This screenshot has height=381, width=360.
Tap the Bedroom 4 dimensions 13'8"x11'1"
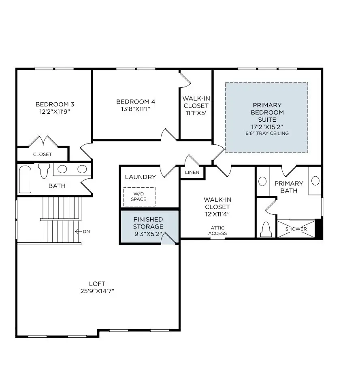pyautogui.click(x=135, y=109)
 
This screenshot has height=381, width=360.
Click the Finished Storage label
pyautogui.click(x=148, y=223)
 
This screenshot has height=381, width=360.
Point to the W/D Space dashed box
pyautogui.click(x=139, y=196)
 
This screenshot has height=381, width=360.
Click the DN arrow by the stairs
pyautogui.click(x=83, y=231)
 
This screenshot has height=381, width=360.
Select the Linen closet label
pyautogui.click(x=192, y=173)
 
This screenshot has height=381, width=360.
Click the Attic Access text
pyautogui.click(x=217, y=231)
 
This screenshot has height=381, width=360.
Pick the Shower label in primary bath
pyautogui.click(x=296, y=229)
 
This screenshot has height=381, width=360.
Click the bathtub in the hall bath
pyautogui.click(x=25, y=179)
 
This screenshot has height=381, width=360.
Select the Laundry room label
pyautogui.click(x=140, y=177)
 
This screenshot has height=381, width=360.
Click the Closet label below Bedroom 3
pyautogui.click(x=42, y=154)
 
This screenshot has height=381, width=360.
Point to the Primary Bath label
pyautogui.click(x=288, y=187)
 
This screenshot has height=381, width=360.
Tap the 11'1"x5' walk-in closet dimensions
pyautogui.click(x=196, y=113)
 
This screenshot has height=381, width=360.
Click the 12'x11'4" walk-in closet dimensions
pyautogui.click(x=217, y=214)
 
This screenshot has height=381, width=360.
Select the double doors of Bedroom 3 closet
pyautogui.click(x=43, y=142)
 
